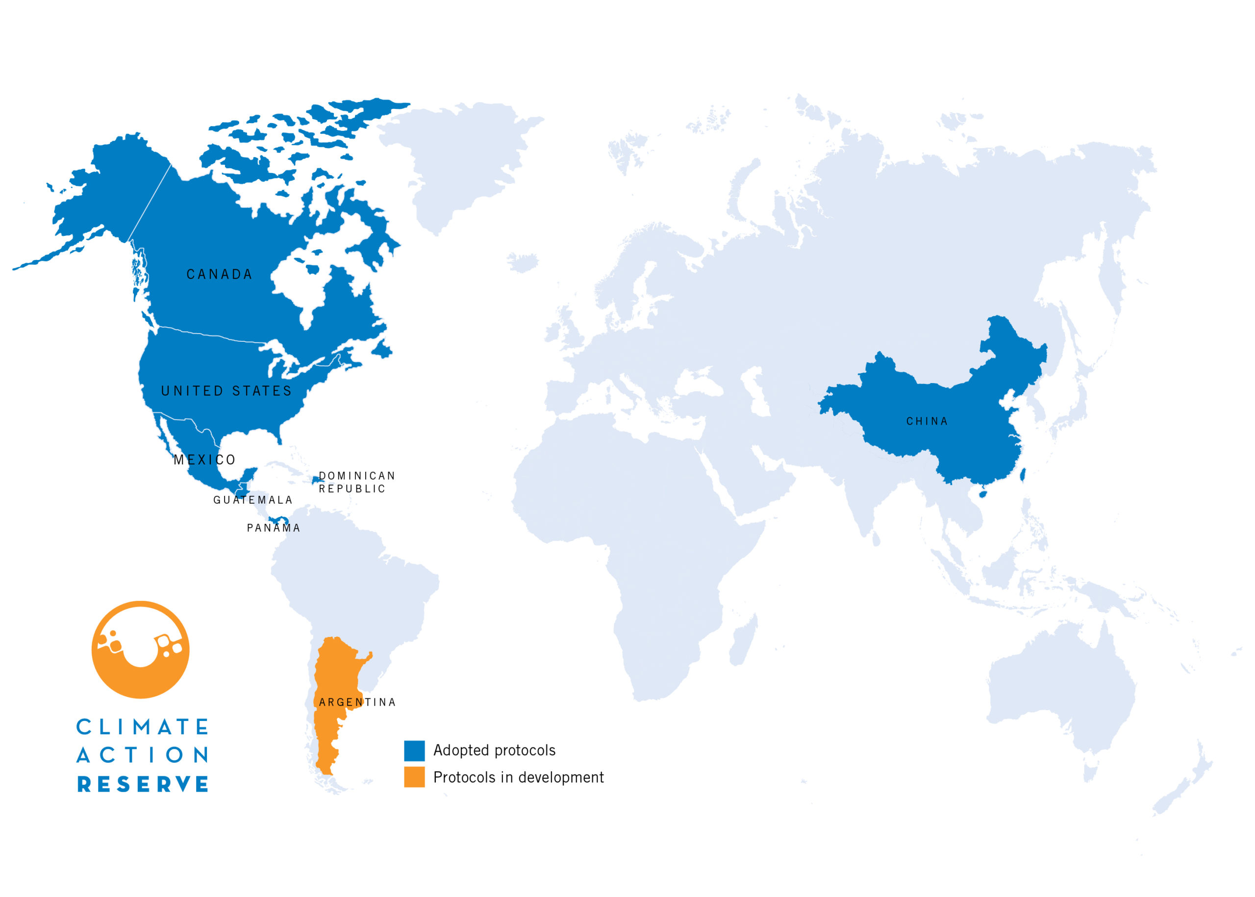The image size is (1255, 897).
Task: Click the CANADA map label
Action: point(219,275)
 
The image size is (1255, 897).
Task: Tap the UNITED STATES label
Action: point(226,391)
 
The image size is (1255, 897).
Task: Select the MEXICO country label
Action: point(205,460)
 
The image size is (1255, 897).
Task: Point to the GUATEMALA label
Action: point(253,500)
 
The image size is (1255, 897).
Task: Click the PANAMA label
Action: point(274,528)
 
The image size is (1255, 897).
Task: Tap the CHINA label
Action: point(927,421)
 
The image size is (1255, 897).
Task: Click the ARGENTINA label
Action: point(357,702)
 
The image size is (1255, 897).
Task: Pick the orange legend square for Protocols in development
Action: point(414,776)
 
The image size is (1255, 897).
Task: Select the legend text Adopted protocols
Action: point(494,750)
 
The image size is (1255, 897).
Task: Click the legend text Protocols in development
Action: point(518,777)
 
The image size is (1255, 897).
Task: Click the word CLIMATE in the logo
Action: point(143,727)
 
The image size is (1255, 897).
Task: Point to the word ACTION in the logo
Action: point(143,755)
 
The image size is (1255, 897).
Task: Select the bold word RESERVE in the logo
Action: point(143,784)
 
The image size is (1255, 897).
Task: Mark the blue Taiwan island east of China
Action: point(1021,474)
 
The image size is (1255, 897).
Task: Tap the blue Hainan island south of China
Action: point(982,492)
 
